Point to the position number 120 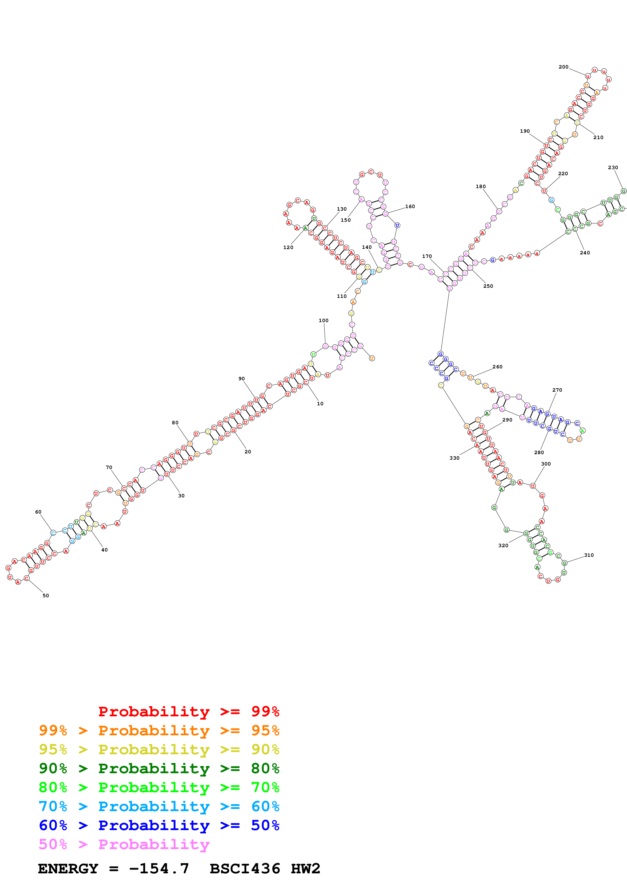pyautogui.click(x=288, y=247)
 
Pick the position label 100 pyautogui.click(x=323, y=320)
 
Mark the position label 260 pyautogui.click(x=497, y=367)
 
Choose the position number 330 pyautogui.click(x=454, y=458)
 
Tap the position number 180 pyautogui.click(x=481, y=187)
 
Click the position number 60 pyautogui.click(x=38, y=512)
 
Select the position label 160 pyautogui.click(x=410, y=206)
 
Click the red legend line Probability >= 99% pyautogui.click(x=188, y=712)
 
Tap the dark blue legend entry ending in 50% pyautogui.click(x=159, y=825)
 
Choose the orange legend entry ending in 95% pyautogui.click(x=159, y=730)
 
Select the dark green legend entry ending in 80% pyautogui.click(x=159, y=768)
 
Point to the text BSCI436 pyautogui.click(x=245, y=869)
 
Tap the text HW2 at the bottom pyautogui.click(x=305, y=869)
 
